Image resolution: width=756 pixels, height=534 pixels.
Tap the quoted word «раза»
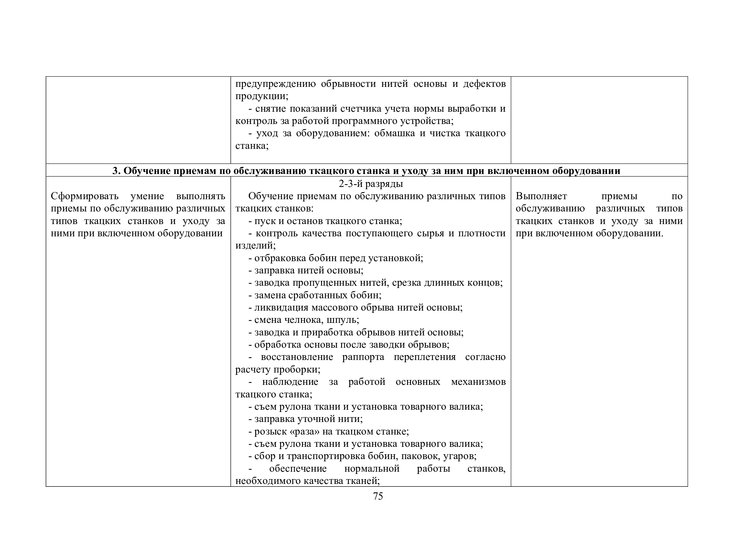(x=302, y=431)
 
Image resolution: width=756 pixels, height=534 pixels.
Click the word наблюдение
(x=290, y=382)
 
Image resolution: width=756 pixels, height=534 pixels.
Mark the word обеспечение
(x=298, y=468)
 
